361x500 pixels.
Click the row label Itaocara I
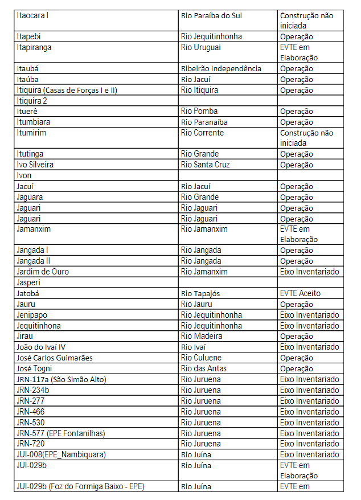coord(32,15)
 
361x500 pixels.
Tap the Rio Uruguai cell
coord(200,47)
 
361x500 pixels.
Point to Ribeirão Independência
coord(221,69)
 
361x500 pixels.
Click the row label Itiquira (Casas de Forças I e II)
coord(67,90)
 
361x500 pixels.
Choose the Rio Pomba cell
coord(199,111)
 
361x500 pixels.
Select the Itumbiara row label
coord(33,122)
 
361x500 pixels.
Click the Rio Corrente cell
coord(202,133)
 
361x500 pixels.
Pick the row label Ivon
coord(24,175)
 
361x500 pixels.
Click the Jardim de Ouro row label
coord(43,272)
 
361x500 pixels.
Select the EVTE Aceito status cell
coord(300,293)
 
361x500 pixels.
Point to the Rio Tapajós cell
coord(200,293)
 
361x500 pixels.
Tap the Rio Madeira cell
coord(202,336)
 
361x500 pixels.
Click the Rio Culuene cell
coord(201,358)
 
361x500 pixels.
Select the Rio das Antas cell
coord(203,368)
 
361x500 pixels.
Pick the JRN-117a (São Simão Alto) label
coord(61,379)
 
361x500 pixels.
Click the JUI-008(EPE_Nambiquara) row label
coord(61,454)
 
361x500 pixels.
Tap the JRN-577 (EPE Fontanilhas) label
coord(61,433)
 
